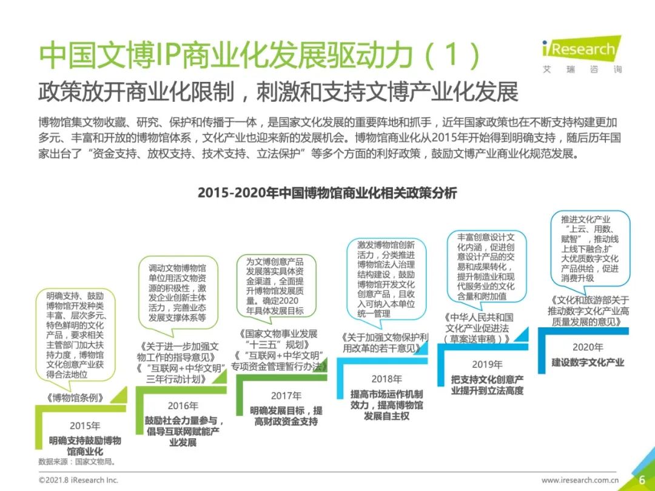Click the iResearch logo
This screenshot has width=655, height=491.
[582, 55]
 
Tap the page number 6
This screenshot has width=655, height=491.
[642, 480]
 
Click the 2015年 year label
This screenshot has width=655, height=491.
[85, 426]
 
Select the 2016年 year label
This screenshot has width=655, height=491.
[183, 406]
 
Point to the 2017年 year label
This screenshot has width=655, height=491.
[286, 395]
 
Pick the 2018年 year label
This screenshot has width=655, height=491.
[387, 379]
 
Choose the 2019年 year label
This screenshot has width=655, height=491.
[487, 364]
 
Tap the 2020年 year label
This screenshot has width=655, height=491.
[588, 347]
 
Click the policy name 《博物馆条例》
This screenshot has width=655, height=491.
[75, 398]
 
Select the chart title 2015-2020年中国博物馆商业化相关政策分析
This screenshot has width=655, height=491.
[327, 193]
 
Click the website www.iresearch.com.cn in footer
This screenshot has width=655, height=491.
[580, 481]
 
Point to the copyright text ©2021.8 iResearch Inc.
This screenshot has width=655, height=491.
[78, 480]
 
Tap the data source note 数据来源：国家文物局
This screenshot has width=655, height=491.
[77, 462]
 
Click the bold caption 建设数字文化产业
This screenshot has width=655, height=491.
[588, 362]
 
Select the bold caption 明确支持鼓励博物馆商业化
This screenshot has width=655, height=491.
[85, 446]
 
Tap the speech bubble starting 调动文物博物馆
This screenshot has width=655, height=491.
[178, 296]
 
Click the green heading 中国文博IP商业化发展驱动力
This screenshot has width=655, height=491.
[260, 55]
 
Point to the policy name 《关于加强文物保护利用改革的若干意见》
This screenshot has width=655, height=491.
[385, 342]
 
